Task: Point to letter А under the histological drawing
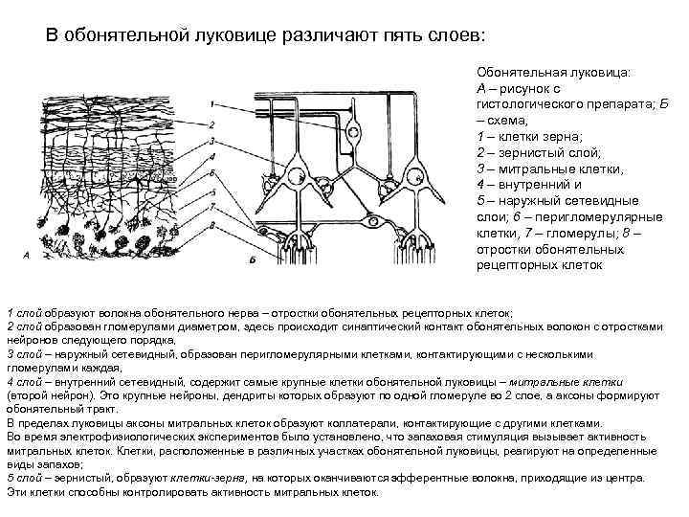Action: (x=26, y=257)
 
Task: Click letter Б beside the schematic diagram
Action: (x=251, y=259)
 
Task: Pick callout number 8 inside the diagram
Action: (x=211, y=223)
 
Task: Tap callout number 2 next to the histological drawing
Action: (x=211, y=124)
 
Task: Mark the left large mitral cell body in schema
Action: (x=298, y=176)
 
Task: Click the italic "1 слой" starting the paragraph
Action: (x=24, y=313)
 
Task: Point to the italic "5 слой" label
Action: (x=24, y=477)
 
